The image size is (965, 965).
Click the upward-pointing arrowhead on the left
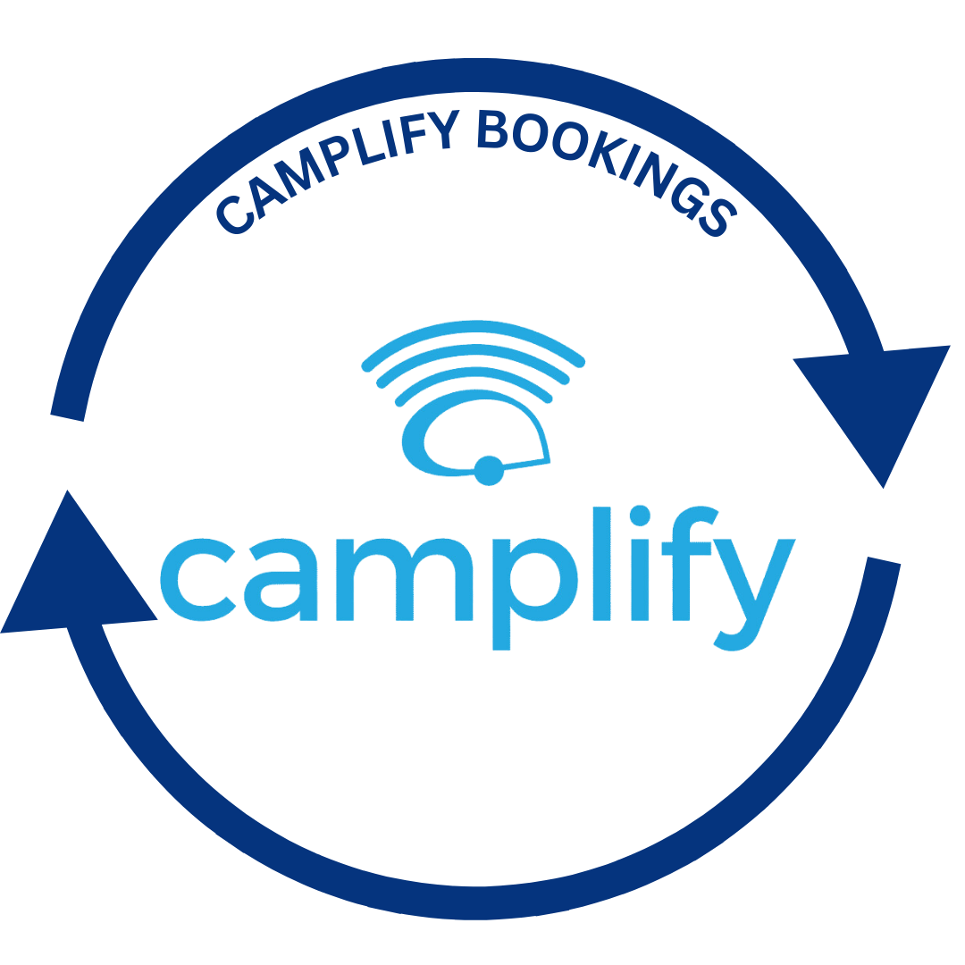pos(75,578)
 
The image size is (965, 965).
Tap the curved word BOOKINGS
pos(606,164)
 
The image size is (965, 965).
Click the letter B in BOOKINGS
pos(491,130)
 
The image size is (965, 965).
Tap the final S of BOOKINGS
pos(717,218)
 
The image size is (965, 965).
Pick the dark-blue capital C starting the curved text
pos(234,214)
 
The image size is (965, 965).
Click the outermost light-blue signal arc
pos(474,327)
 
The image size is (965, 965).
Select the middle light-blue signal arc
pos(474,350)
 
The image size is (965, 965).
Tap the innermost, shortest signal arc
pos(474,372)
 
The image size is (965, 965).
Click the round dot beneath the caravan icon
pos(490,471)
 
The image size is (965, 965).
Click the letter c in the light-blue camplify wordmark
pos(197,580)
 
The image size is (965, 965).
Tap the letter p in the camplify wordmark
pos(535,594)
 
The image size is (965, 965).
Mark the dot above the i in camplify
pos(640,516)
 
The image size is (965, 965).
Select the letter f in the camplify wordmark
pos(687,563)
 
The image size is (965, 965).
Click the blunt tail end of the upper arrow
pos(67,418)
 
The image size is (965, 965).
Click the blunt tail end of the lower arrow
pos(884,560)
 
